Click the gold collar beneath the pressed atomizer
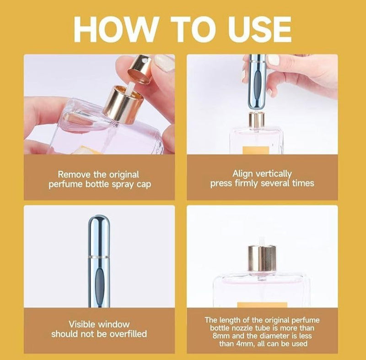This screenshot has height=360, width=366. pyautogui.click(x=256, y=120)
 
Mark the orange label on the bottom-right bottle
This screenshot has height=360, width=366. pyautogui.click(x=262, y=305)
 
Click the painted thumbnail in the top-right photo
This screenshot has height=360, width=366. pyautogui.click(x=273, y=60)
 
